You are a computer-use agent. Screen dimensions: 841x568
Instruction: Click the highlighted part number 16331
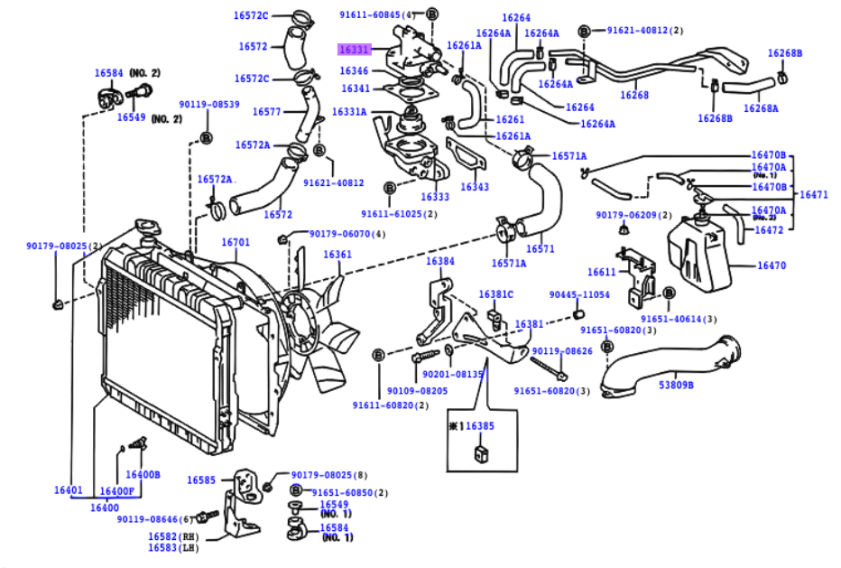[x=354, y=50]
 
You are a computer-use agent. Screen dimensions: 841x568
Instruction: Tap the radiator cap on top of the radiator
[x=147, y=226]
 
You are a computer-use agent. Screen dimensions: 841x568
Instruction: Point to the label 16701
[x=236, y=242]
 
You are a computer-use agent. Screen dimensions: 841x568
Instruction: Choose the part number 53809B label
[x=676, y=385]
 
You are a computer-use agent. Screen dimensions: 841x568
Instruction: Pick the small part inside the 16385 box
[x=482, y=453]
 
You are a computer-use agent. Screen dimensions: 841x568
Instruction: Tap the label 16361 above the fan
[x=337, y=254]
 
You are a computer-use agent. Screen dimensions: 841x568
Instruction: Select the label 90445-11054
[x=579, y=294]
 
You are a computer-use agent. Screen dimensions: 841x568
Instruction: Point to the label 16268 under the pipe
[x=634, y=95]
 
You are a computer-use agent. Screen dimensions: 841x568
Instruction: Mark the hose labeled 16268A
[x=749, y=86]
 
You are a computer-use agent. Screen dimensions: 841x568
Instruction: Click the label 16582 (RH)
[x=173, y=536]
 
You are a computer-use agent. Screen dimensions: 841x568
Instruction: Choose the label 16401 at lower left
[x=68, y=489]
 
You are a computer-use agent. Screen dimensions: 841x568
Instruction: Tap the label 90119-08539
[x=209, y=104]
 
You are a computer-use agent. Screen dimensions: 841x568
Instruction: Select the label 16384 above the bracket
[x=440, y=261]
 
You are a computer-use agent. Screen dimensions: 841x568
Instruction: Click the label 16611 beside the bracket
[x=602, y=272]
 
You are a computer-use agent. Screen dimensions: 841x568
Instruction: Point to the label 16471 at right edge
[x=814, y=194]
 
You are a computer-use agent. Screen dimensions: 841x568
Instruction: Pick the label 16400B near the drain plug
[x=143, y=475]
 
